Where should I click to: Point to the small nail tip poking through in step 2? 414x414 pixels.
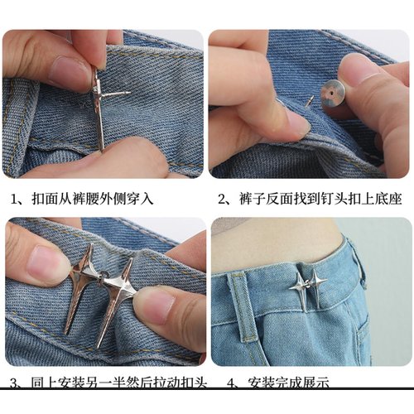click(310, 100)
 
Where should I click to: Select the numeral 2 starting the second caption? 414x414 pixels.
click(223, 200)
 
